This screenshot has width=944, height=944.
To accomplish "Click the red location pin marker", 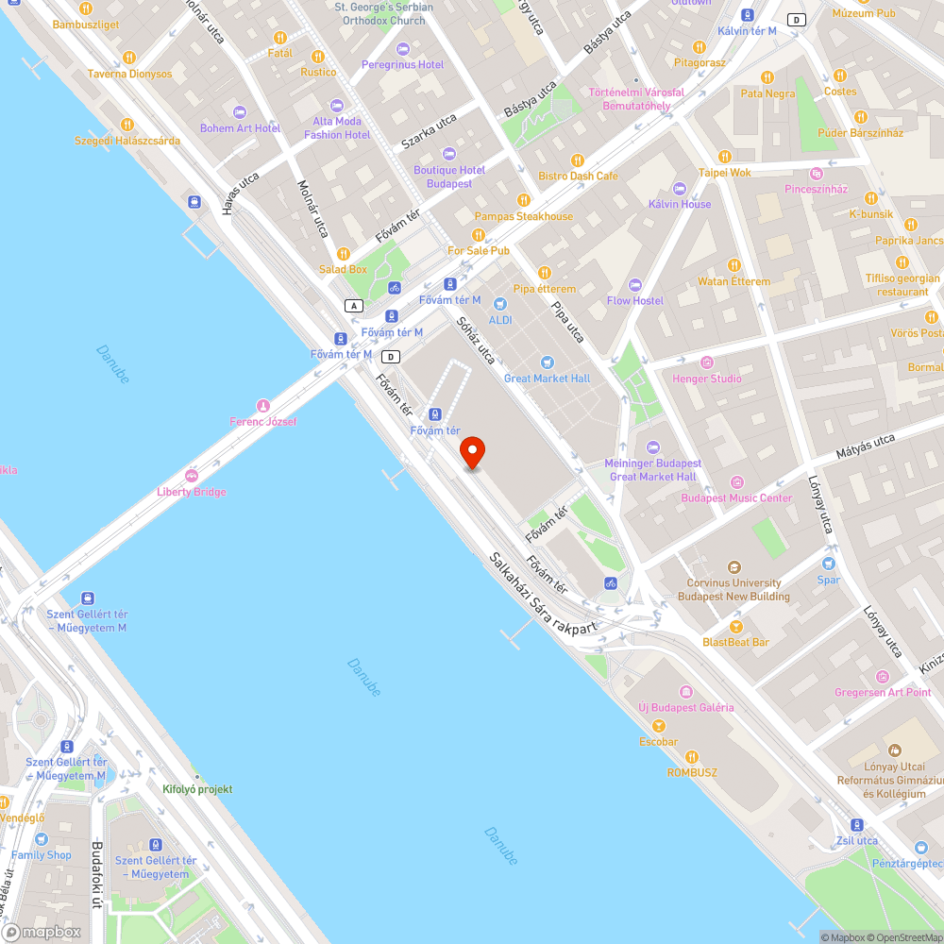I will pyautogui.click(x=470, y=452).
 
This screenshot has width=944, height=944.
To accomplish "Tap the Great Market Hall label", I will pyautogui.click(x=547, y=379).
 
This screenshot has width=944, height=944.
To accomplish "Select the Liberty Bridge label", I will pyautogui.click(x=192, y=492).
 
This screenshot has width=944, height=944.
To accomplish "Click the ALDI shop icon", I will pyautogui.click(x=500, y=304).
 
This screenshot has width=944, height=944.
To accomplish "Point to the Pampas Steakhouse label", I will pyautogui.click(x=523, y=216).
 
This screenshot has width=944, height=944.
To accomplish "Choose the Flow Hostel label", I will pyautogui.click(x=634, y=301).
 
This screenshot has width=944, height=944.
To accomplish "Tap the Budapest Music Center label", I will pyautogui.click(x=736, y=497).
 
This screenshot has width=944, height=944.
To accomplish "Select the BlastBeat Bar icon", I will pyautogui.click(x=735, y=626).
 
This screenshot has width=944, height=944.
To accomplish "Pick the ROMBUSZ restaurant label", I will pyautogui.click(x=692, y=772).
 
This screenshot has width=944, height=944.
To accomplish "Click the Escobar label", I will pyautogui.click(x=658, y=741).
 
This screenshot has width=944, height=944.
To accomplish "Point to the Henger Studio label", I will pyautogui.click(x=706, y=379).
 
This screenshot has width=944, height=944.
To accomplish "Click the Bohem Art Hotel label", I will pyautogui.click(x=240, y=128).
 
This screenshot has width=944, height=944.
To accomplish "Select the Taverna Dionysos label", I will pyautogui.click(x=130, y=74).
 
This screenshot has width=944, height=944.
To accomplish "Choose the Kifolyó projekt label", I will pyautogui.click(x=197, y=789).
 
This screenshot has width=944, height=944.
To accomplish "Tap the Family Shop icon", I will pyautogui.click(x=41, y=838).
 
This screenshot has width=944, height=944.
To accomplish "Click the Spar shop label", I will pyautogui.click(x=828, y=580).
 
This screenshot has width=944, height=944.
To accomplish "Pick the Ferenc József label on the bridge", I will pyautogui.click(x=263, y=421).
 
